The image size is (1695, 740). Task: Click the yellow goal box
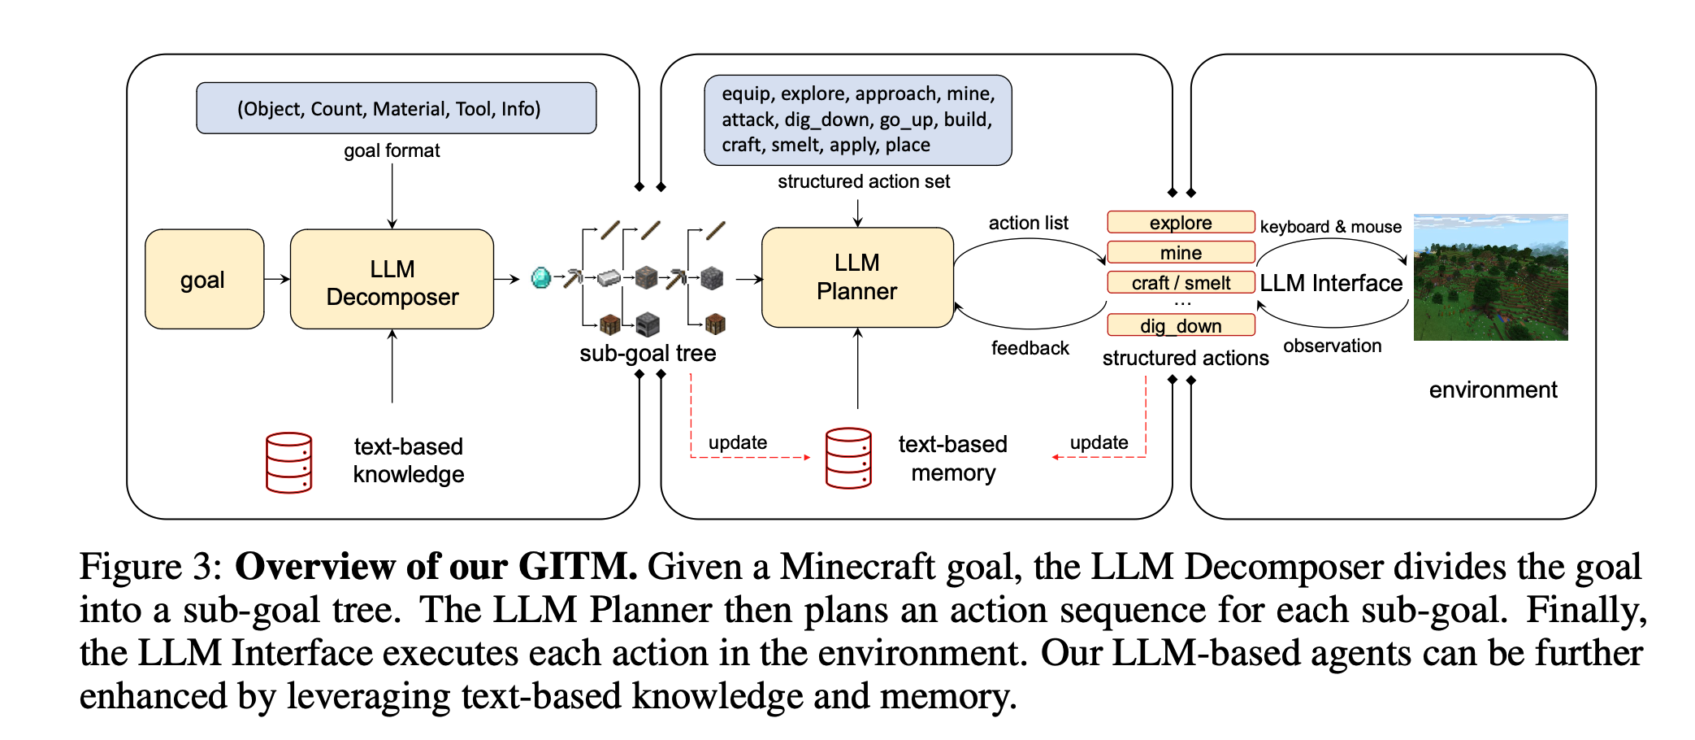pyautogui.click(x=204, y=280)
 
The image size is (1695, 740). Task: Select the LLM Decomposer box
pyautogui.click(x=392, y=280)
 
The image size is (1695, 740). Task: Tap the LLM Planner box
pyautogui.click(x=856, y=277)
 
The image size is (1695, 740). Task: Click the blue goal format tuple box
pyautogui.click(x=396, y=108)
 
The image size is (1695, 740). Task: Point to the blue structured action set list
pyautogui.click(x=857, y=120)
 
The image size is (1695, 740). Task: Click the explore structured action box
pyautogui.click(x=1180, y=222)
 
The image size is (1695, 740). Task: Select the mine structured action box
pyautogui.click(x=1180, y=252)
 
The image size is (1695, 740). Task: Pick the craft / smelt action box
pyautogui.click(x=1180, y=282)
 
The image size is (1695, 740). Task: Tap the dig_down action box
pyautogui.click(x=1180, y=325)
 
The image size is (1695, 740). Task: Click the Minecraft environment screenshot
pyautogui.click(x=1490, y=277)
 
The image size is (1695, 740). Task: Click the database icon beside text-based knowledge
pyautogui.click(x=288, y=462)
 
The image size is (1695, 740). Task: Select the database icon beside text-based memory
pyautogui.click(x=847, y=458)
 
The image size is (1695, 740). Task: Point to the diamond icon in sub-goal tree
pyautogui.click(x=540, y=278)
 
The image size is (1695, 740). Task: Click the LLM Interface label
pyautogui.click(x=1331, y=283)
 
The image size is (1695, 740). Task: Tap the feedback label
pyautogui.click(x=1030, y=348)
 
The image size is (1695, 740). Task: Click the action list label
pyautogui.click(x=1028, y=223)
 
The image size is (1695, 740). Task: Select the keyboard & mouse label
pyautogui.click(x=1330, y=227)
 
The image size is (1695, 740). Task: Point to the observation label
pyautogui.click(x=1332, y=346)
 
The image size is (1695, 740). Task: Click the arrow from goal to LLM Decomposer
pyautogui.click(x=277, y=279)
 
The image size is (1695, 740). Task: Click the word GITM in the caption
pyautogui.click(x=577, y=566)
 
